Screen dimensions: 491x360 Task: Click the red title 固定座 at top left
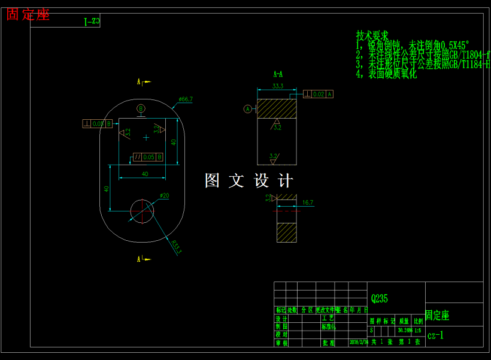click(28, 15)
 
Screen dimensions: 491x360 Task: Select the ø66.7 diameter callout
click(186, 99)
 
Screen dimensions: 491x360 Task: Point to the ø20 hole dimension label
click(164, 196)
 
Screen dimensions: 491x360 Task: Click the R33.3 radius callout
click(175, 247)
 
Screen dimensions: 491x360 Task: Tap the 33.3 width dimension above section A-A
click(278, 86)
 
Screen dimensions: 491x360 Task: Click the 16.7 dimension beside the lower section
click(308, 203)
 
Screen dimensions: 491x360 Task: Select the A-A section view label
click(278, 75)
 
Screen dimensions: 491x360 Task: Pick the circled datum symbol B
click(141, 108)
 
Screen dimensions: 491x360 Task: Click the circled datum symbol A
click(247, 109)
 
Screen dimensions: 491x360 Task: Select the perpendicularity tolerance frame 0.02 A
click(318, 94)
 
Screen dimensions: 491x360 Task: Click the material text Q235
click(380, 298)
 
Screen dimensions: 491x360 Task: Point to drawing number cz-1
click(436, 335)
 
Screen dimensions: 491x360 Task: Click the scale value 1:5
click(417, 330)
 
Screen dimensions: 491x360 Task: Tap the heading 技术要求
click(372, 35)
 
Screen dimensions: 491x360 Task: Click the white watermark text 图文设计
click(248, 180)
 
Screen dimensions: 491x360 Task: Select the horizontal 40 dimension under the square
click(145, 174)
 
